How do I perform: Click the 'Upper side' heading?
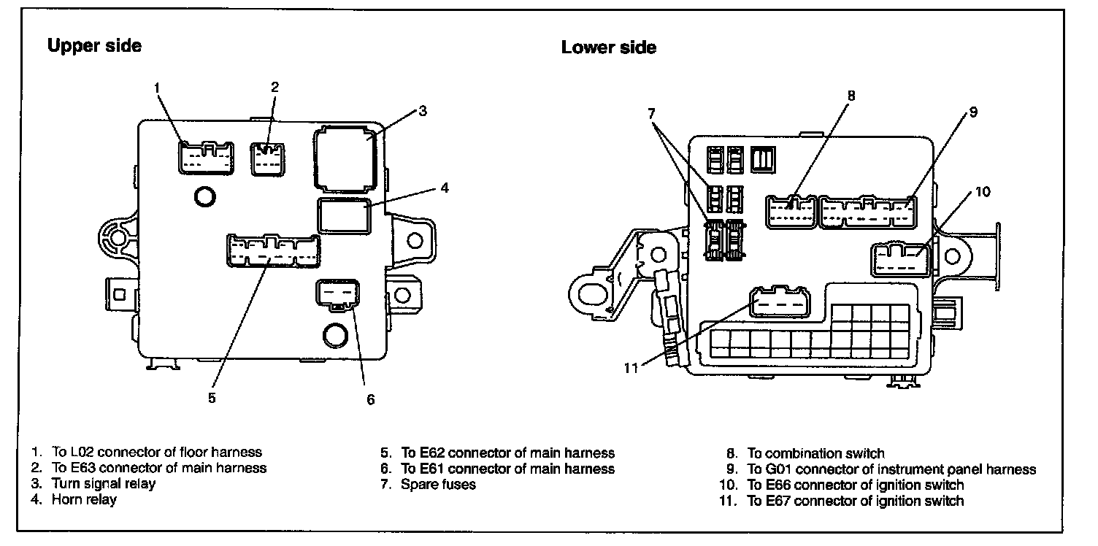[94, 46]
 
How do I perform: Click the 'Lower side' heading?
[608, 48]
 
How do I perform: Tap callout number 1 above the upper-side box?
[157, 88]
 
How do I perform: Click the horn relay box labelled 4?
[343, 215]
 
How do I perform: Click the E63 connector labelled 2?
[268, 159]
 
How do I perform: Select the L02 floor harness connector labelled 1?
[207, 157]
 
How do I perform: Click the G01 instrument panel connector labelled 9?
[867, 212]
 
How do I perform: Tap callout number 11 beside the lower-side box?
[631, 368]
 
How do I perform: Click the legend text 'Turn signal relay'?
[103, 483]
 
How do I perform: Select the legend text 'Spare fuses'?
[438, 484]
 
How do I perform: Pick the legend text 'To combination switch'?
[815, 453]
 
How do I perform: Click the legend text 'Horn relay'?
[84, 500]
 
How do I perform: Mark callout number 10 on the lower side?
[983, 192]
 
